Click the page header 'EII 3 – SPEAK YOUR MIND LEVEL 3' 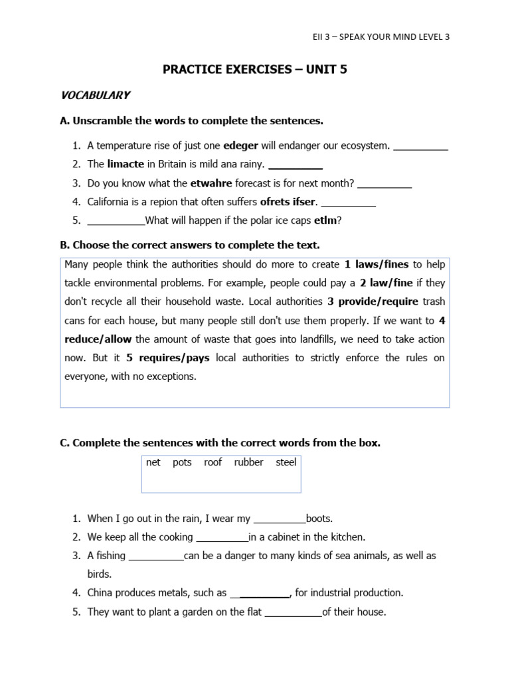[x=381, y=37]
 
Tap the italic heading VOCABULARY [x=95, y=96]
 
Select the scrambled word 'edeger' [x=240, y=145]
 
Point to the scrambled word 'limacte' [x=126, y=164]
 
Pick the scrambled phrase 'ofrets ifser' [x=288, y=201]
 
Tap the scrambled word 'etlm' [x=325, y=220]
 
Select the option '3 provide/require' [x=373, y=301]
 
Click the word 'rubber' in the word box [x=248, y=462]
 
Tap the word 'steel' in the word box [x=286, y=462]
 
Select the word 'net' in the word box [x=153, y=462]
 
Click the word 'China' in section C [x=101, y=593]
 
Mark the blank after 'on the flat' [x=293, y=612]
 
